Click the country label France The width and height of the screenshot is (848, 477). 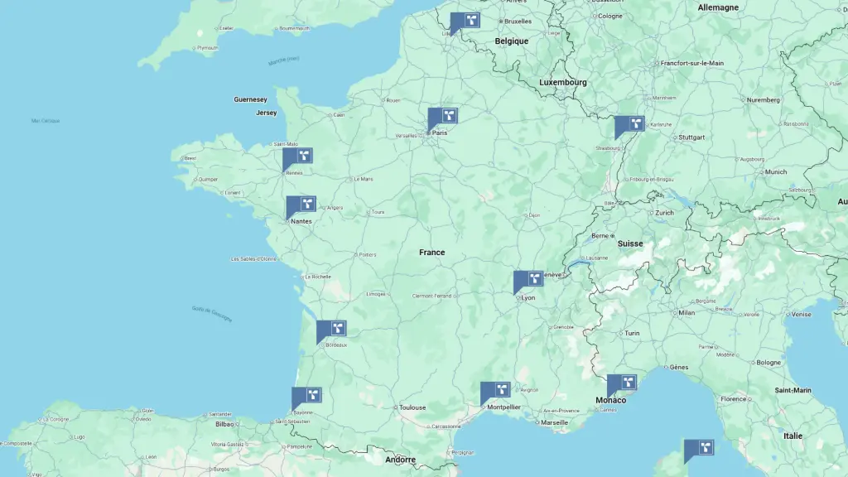coord(431,253)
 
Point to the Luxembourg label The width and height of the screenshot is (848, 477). coord(562,83)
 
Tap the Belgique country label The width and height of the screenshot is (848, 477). coord(511,41)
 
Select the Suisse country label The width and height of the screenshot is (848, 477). coord(629,243)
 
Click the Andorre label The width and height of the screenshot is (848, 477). coord(400,460)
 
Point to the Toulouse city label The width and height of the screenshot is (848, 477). coord(412,407)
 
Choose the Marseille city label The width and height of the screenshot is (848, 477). coord(554,422)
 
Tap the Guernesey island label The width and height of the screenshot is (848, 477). coord(250,99)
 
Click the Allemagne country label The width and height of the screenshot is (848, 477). coord(717,7)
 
